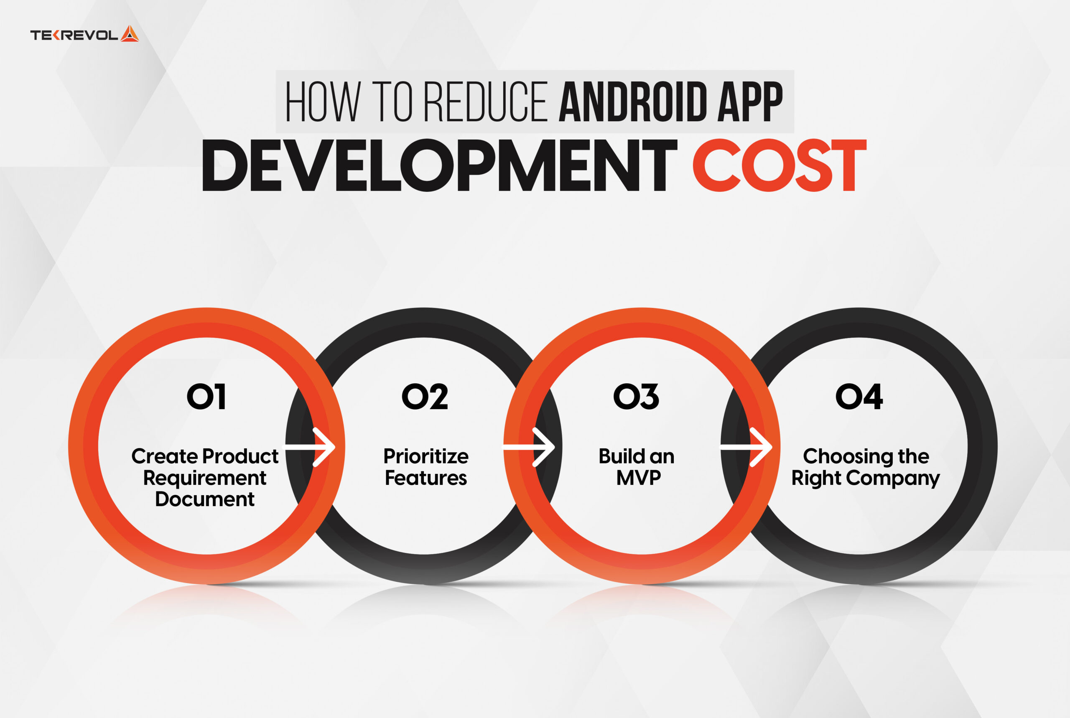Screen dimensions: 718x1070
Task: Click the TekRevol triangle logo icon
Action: tap(130, 34)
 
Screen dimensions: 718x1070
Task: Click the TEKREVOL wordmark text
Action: tap(74, 35)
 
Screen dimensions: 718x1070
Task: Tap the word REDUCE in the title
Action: tap(486, 102)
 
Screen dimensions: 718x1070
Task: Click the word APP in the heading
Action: tap(750, 102)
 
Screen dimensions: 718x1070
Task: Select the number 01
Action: tap(206, 397)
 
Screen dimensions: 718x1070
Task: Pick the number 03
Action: tap(637, 397)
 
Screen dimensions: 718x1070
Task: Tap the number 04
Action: tap(859, 397)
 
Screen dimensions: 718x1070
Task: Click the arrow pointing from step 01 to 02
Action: tap(311, 447)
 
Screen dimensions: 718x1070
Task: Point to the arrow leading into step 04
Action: tap(747, 447)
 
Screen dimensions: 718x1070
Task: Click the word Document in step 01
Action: tap(205, 499)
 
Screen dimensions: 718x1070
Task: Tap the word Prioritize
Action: tap(426, 456)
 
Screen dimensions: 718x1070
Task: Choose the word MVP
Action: tap(639, 478)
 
